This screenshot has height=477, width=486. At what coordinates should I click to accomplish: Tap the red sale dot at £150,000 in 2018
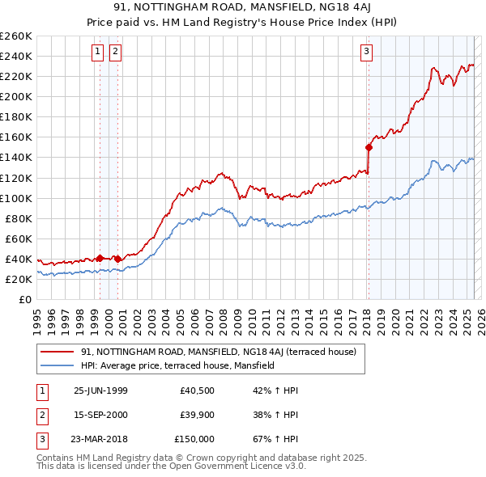tap(369, 147)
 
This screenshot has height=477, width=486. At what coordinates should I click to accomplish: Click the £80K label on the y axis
tap(18, 218)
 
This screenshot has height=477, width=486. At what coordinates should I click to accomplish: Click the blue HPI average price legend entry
tap(178, 365)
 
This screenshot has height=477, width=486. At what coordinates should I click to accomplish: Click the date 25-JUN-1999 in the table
tap(100, 390)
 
